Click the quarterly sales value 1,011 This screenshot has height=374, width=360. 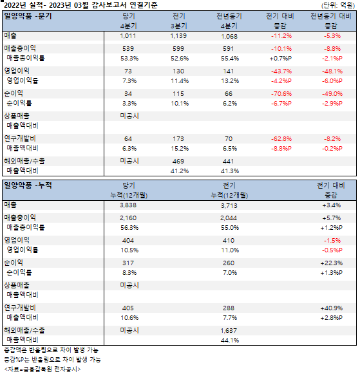pyautogui.click(x=128, y=36)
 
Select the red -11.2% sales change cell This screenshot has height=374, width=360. pyautogui.click(x=281, y=36)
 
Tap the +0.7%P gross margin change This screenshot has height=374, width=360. pyautogui.click(x=281, y=59)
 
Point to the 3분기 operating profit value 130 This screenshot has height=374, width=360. pyautogui.click(x=178, y=71)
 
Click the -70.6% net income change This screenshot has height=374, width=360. pyautogui.click(x=281, y=94)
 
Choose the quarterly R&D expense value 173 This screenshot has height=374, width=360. pyautogui.click(x=178, y=139)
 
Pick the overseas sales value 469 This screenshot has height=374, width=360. pyautogui.click(x=178, y=161)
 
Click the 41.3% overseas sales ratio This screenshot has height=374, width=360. pyautogui.click(x=230, y=171)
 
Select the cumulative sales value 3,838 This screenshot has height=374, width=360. pyautogui.click(x=128, y=205)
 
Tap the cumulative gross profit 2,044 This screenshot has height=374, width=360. pyautogui.click(x=229, y=218)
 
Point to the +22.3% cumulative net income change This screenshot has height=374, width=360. pyautogui.click(x=332, y=263)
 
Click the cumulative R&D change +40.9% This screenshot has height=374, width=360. pyautogui.click(x=332, y=308)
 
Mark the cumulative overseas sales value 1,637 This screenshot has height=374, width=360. pyautogui.click(x=229, y=331)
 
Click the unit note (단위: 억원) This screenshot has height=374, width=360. pyautogui.click(x=338, y=5)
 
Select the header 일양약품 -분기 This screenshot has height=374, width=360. pyautogui.click(x=28, y=16)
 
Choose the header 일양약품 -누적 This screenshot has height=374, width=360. pyautogui.click(x=28, y=185)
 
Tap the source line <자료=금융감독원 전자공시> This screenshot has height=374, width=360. pyautogui.click(x=43, y=369)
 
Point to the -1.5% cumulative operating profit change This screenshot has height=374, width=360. pyautogui.click(x=332, y=241)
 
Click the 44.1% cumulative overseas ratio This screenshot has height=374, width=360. pyautogui.click(x=230, y=341)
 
